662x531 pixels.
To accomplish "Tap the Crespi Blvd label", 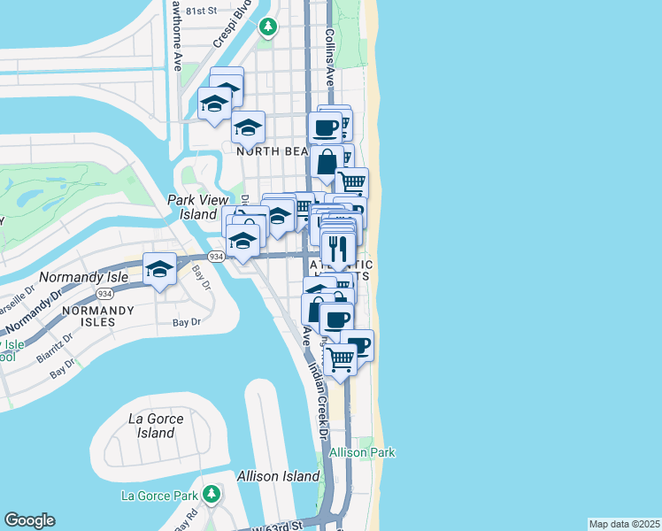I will (229, 28).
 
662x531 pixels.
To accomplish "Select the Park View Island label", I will (192, 207).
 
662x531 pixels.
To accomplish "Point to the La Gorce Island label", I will (156, 426).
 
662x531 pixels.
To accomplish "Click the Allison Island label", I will (278, 476).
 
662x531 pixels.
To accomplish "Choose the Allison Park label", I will (361, 452).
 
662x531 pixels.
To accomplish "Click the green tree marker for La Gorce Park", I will (211, 493).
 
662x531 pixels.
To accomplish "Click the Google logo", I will (29, 520).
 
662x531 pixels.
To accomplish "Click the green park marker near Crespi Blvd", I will (267, 27).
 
